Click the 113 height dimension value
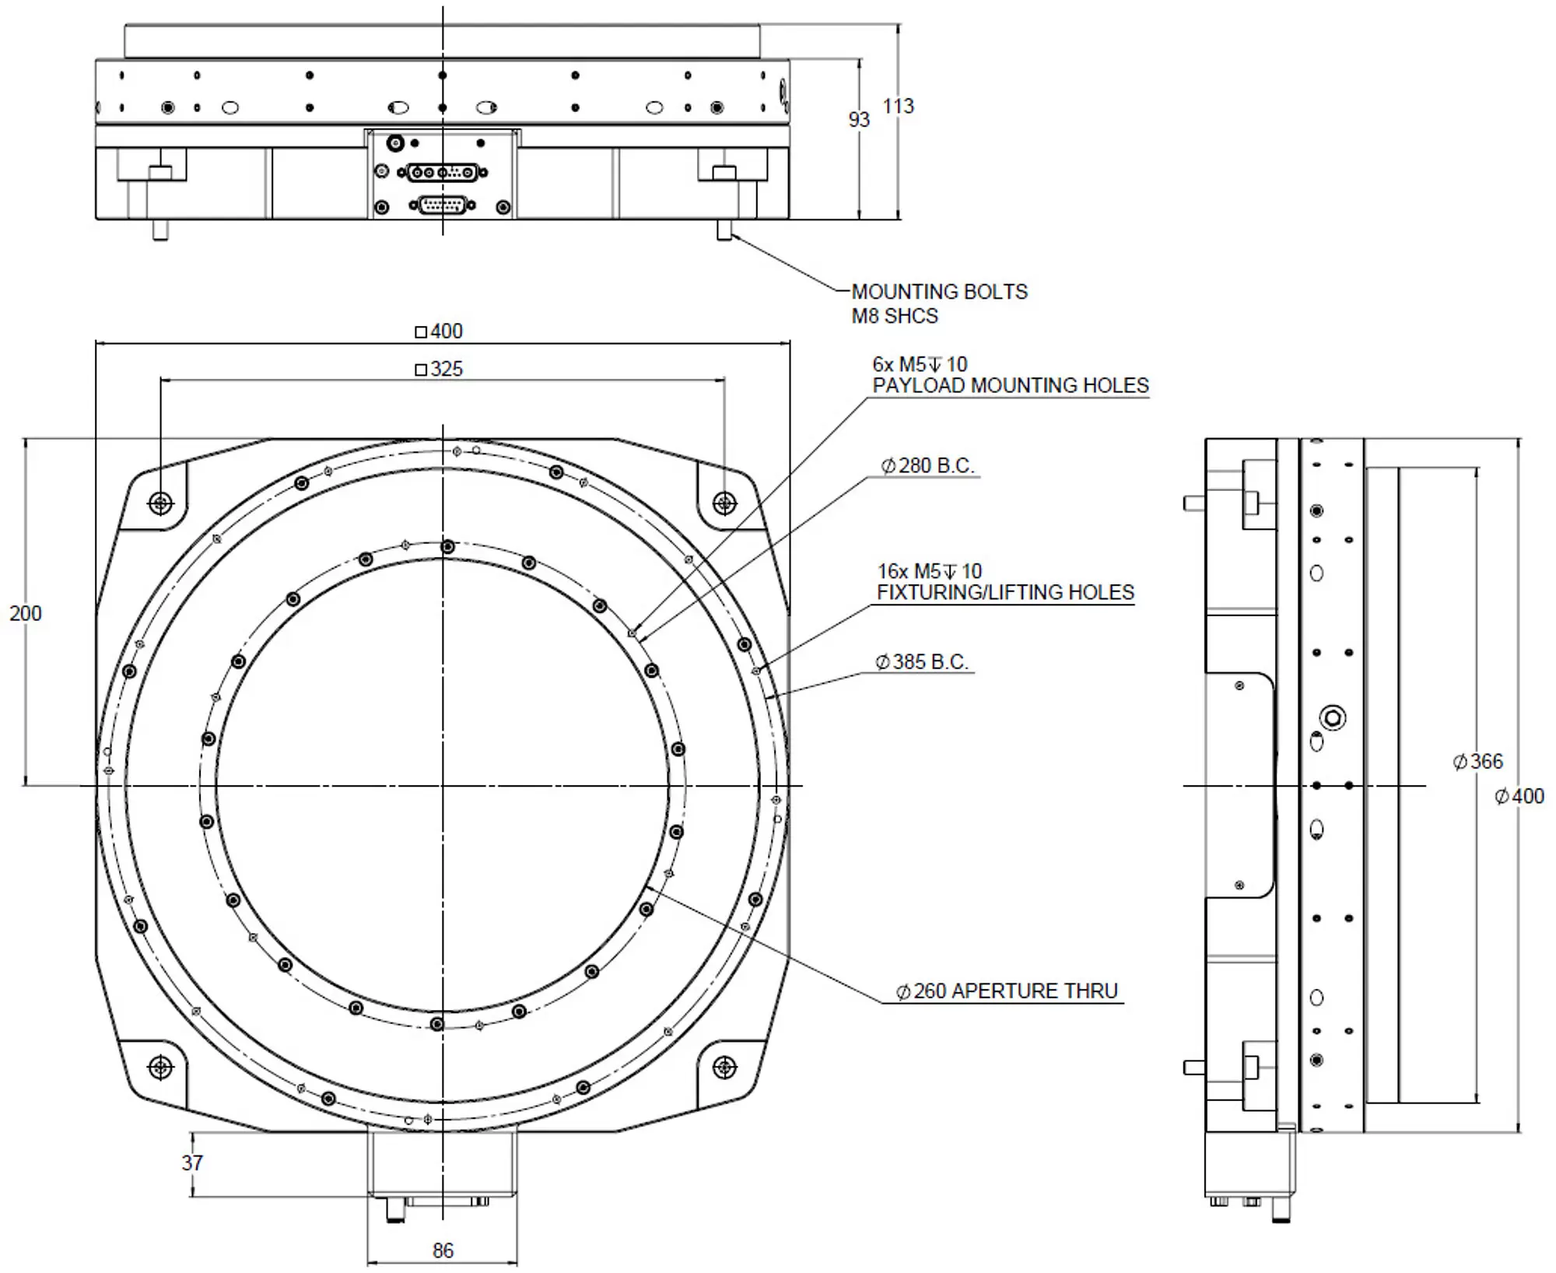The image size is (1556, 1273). point(898,106)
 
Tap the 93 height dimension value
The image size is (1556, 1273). point(858,119)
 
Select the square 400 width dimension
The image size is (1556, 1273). point(439,331)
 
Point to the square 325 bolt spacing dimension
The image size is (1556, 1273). point(439,369)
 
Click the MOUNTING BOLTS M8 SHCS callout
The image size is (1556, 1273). point(939,303)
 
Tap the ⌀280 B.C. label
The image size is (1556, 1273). point(927,465)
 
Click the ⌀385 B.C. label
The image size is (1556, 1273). point(922,661)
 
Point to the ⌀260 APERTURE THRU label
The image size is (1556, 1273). point(1007,991)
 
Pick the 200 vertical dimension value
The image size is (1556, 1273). point(25,613)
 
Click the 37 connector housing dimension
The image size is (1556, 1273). point(192,1163)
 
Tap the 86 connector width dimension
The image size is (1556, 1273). point(443,1250)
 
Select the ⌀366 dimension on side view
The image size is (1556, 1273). point(1478,761)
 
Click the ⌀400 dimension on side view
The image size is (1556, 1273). point(1519,796)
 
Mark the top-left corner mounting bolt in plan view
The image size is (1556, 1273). point(161,503)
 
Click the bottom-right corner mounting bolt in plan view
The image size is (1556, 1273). point(724,1067)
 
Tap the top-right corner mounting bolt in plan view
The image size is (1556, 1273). point(724,503)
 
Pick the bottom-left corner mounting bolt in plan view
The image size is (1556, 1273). point(161,1067)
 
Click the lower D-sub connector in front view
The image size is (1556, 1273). point(442,206)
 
